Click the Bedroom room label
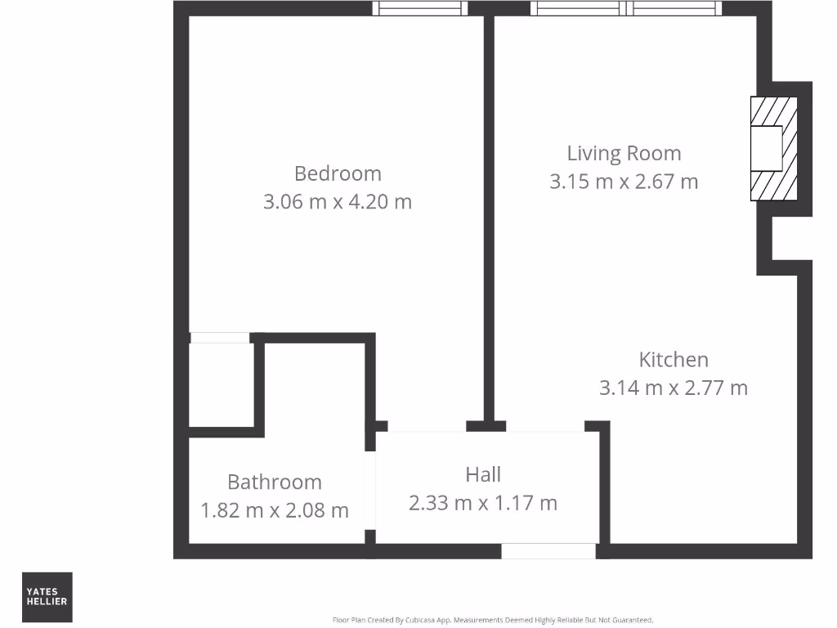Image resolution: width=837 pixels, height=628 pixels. (x=338, y=173)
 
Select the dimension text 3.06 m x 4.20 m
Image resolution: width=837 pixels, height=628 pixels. (x=338, y=201)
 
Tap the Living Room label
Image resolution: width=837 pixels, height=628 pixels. (x=624, y=153)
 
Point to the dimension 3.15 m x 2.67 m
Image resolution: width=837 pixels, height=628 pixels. (x=624, y=181)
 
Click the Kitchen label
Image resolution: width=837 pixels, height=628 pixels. (x=674, y=359)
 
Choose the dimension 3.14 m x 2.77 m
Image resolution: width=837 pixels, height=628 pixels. (x=674, y=387)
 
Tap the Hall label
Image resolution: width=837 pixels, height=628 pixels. (x=483, y=474)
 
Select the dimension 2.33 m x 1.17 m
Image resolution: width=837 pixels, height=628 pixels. (x=483, y=502)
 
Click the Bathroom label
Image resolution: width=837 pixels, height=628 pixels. (x=275, y=482)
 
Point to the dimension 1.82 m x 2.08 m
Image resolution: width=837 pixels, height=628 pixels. (x=275, y=510)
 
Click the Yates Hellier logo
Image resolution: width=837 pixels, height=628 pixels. (x=47, y=597)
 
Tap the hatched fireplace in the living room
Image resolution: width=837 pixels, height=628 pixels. (x=773, y=149)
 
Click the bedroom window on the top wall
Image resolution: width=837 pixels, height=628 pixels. (x=421, y=8)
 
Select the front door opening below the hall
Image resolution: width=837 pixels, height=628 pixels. (x=548, y=551)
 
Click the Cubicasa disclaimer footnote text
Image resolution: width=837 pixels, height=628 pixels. (x=493, y=620)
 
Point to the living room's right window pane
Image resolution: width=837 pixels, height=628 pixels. (x=676, y=8)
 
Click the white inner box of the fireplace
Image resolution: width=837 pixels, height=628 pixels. (x=767, y=149)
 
